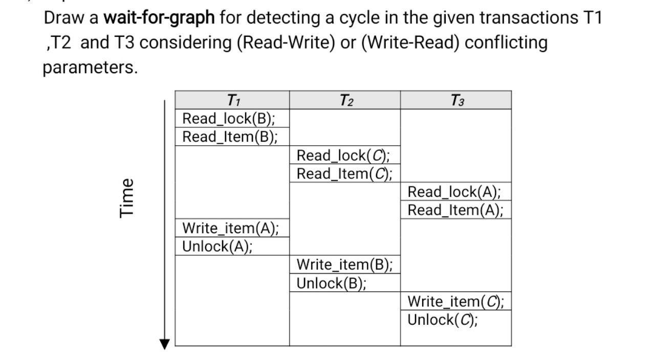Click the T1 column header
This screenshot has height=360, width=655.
point(233,100)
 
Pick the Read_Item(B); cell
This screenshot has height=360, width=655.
point(230,137)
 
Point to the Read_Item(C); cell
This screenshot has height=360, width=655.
point(344,174)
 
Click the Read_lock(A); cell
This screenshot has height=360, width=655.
point(454,192)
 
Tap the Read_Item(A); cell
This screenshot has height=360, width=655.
point(455,210)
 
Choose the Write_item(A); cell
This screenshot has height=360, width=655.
point(231,228)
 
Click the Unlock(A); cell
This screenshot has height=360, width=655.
point(217,246)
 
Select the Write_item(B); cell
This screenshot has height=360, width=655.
point(344,265)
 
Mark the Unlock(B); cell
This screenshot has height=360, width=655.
point(331,283)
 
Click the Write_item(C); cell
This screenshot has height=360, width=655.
point(455,302)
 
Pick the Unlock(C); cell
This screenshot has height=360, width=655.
point(442,320)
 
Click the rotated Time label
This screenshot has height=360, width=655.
point(127,197)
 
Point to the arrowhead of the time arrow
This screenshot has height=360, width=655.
point(164,344)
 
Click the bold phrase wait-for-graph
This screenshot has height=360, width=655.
point(159,18)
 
